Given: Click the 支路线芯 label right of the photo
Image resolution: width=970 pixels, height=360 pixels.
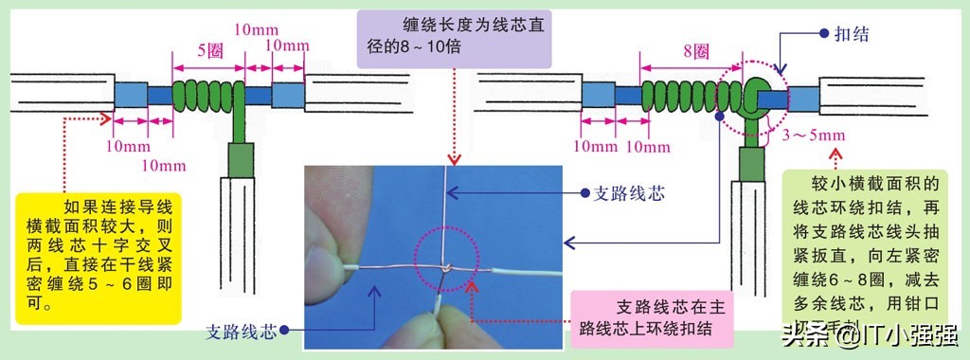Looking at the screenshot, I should tap(629, 193).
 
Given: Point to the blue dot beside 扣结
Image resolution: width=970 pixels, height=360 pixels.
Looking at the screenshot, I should tap(823, 32).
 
